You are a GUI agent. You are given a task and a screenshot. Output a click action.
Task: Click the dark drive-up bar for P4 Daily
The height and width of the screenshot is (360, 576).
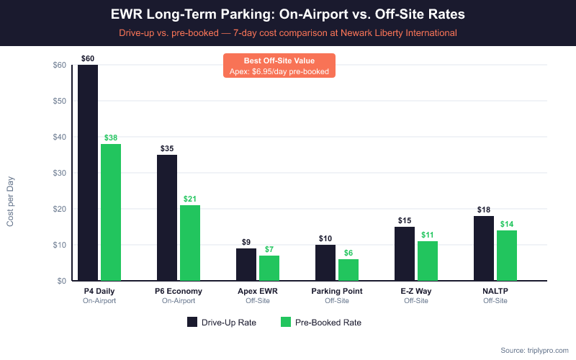88,173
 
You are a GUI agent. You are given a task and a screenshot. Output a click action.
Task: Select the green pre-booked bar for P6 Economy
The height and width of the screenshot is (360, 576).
190,243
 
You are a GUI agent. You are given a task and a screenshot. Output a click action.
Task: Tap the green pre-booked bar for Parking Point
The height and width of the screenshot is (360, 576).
348,270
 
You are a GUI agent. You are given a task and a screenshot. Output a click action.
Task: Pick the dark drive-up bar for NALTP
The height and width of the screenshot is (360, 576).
484,248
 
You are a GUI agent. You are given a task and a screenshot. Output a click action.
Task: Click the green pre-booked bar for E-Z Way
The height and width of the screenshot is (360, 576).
428,261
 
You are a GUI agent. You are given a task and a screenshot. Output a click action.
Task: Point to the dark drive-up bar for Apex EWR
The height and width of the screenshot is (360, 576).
246,264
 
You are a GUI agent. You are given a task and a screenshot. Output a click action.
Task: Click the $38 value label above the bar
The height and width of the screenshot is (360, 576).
111,138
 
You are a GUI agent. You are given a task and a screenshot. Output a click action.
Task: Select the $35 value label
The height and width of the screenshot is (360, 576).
167,148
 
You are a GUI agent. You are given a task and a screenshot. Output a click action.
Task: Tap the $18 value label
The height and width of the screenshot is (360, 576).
484,210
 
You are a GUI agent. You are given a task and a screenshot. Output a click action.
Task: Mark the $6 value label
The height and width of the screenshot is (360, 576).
348,253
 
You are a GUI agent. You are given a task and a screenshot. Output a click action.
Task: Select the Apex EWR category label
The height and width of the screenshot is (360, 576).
257,291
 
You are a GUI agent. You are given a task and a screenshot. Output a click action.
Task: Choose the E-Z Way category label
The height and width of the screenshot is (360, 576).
416,291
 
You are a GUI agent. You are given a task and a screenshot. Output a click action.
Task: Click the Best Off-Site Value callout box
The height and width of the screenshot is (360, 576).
279,66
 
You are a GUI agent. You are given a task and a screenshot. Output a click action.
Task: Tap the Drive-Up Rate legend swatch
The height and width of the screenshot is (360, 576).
192,322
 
